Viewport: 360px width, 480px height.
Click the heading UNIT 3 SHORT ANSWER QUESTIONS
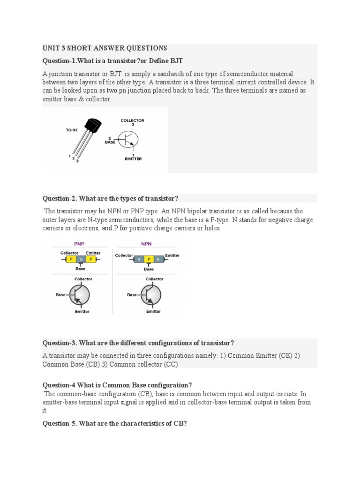click(x=105, y=48)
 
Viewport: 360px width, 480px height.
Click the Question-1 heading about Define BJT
click(x=112, y=61)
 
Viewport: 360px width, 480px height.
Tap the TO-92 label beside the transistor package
click(x=72, y=130)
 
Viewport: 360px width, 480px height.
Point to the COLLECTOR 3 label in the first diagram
click(x=133, y=122)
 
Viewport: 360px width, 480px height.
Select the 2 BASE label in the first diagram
click(x=110, y=140)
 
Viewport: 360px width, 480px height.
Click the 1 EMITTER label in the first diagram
click(x=133, y=157)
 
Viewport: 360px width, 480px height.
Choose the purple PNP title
click(x=79, y=244)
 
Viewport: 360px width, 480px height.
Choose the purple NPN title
click(x=147, y=244)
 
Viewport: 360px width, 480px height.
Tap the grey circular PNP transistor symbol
click(x=80, y=295)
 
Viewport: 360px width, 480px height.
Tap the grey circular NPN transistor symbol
click(x=151, y=295)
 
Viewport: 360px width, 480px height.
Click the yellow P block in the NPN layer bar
click(x=149, y=259)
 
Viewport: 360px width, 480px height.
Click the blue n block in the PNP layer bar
click(x=80, y=259)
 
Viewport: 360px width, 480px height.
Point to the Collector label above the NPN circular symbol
click(x=154, y=279)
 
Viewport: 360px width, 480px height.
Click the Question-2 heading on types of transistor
click(x=111, y=198)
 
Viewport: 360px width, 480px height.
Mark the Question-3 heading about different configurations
click(x=138, y=343)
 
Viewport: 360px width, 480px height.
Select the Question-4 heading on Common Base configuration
click(x=117, y=385)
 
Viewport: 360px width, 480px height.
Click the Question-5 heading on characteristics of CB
click(x=115, y=423)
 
